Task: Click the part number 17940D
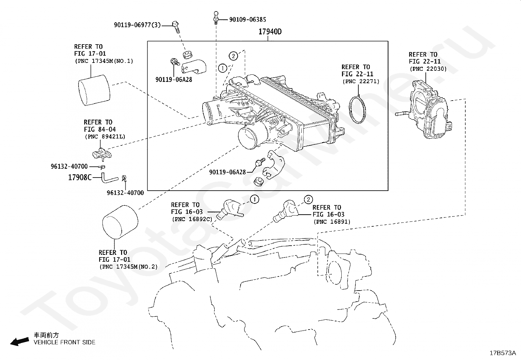(x=270, y=32)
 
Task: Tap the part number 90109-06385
(x=247, y=20)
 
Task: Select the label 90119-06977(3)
(x=137, y=25)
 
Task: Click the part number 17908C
(x=80, y=178)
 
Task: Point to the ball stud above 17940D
(x=216, y=18)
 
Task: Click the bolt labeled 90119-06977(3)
(x=176, y=27)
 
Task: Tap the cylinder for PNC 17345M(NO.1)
(x=94, y=90)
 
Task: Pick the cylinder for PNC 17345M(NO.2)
(x=120, y=222)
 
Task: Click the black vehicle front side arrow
(x=20, y=342)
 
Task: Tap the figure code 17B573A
(x=503, y=353)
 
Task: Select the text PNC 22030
(x=428, y=69)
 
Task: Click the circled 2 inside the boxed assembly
(x=233, y=56)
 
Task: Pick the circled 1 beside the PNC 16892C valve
(x=255, y=199)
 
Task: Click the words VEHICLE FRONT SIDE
(x=64, y=342)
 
